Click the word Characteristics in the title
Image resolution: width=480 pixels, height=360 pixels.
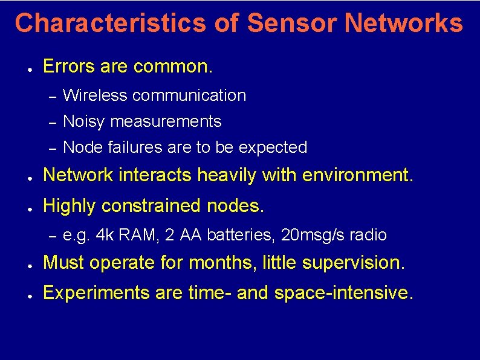point(110,23)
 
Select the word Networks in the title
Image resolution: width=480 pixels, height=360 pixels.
point(404,23)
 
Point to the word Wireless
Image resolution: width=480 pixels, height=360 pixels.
point(95,95)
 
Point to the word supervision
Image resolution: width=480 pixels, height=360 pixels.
point(357,263)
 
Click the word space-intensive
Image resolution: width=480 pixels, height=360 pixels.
point(344,293)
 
